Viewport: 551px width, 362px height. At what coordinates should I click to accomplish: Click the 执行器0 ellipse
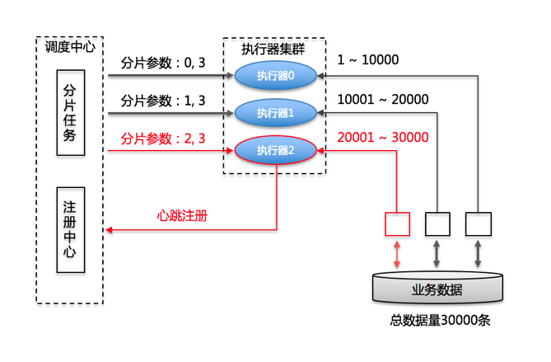[x=275, y=77]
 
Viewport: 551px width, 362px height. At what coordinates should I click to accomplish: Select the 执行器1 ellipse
[x=275, y=112]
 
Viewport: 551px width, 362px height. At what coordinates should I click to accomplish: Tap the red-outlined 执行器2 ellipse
[x=275, y=150]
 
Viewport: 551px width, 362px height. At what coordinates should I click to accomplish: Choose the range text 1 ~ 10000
[x=368, y=60]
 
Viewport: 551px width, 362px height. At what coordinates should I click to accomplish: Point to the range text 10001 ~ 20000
[x=383, y=100]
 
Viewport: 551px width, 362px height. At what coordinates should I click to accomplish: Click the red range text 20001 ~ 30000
[x=383, y=137]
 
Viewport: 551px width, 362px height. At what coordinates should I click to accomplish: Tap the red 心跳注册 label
[x=182, y=216]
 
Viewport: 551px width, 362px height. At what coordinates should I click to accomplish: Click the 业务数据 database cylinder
[x=437, y=289]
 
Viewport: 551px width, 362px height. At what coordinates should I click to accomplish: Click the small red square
[x=397, y=223]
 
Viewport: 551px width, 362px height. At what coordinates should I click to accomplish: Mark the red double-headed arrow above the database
[x=397, y=253]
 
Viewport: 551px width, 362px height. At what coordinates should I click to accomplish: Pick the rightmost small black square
[x=478, y=223]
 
